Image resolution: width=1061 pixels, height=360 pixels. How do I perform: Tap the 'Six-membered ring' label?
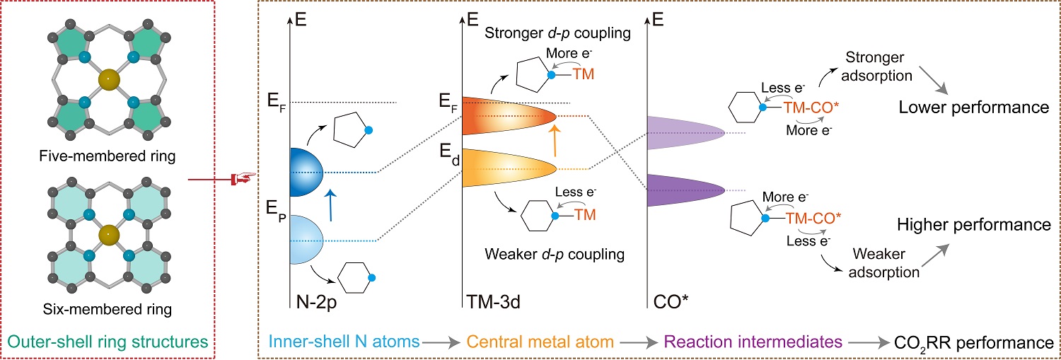coord(108,308)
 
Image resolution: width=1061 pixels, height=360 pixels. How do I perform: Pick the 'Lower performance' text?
coord(973,108)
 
